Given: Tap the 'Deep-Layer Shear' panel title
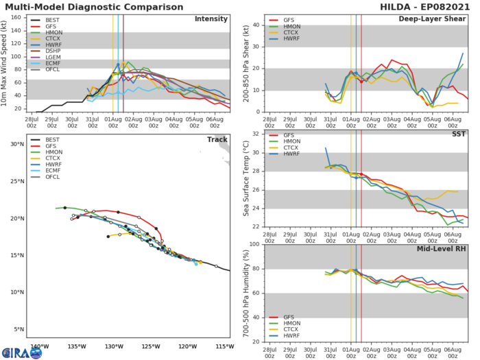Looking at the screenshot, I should pyautogui.click(x=444, y=19).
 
